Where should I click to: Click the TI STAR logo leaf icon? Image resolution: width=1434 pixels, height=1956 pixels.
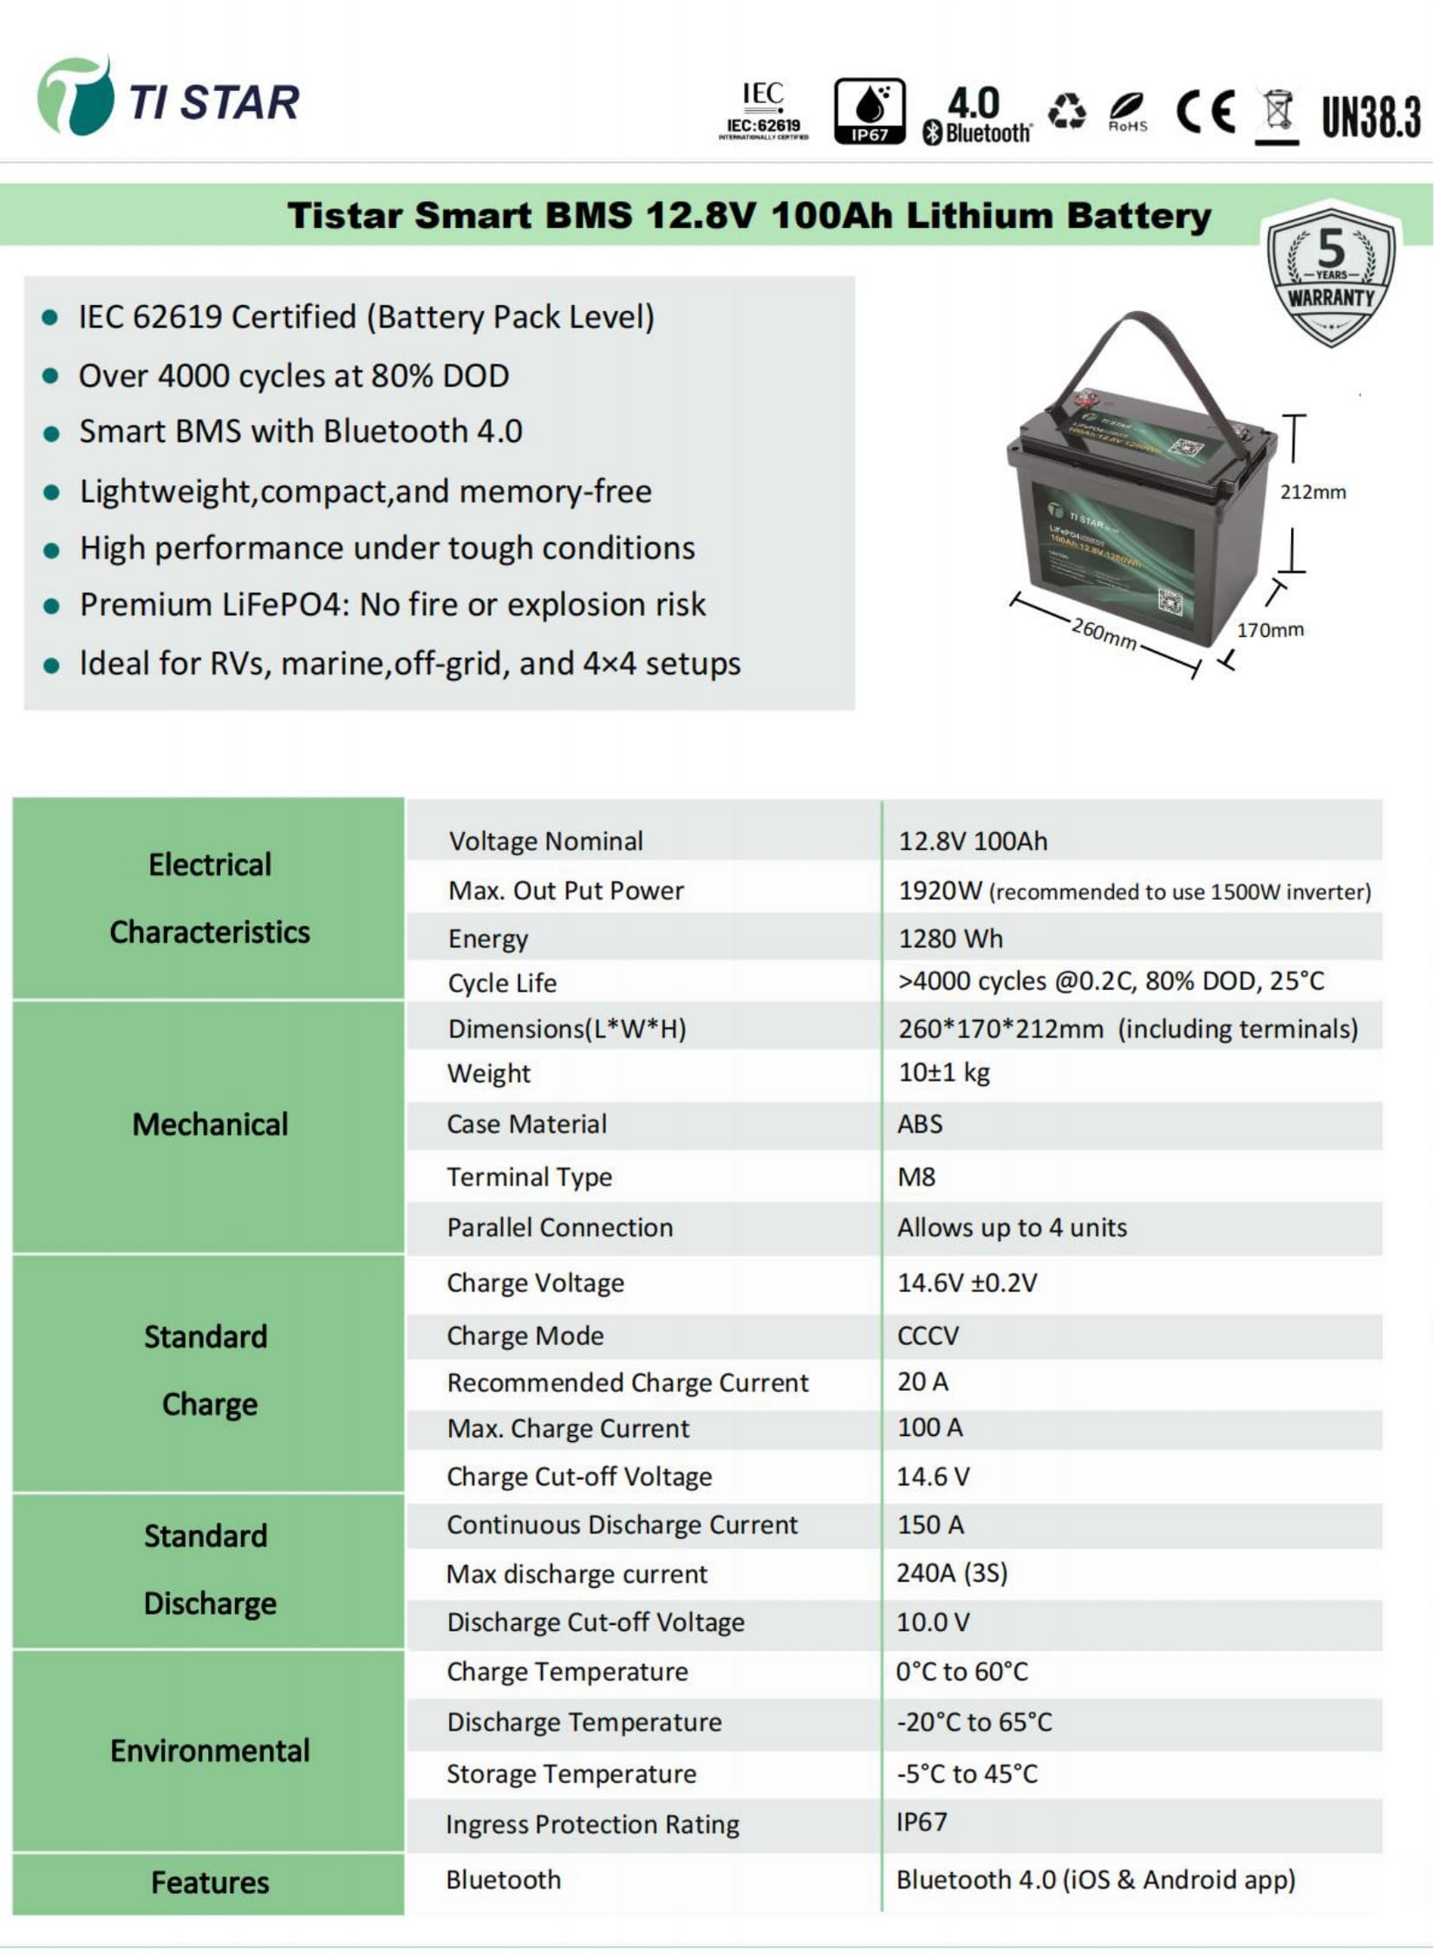click(x=75, y=97)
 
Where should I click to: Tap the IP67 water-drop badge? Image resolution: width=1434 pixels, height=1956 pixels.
click(x=869, y=111)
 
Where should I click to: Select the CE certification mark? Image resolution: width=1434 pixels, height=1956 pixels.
click(x=1205, y=111)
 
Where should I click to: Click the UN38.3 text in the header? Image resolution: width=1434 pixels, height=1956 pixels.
click(x=1371, y=116)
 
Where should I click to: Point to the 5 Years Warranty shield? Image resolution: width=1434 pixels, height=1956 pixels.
click(x=1331, y=276)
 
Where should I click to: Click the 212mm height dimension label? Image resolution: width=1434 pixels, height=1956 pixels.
click(x=1313, y=492)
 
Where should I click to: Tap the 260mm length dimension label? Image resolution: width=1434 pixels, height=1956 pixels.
click(x=1104, y=633)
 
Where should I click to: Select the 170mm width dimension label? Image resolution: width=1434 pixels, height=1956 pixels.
click(x=1269, y=630)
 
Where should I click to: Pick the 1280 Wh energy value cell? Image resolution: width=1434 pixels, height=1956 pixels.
click(x=950, y=938)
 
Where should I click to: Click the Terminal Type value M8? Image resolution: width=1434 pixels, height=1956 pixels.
click(x=916, y=1177)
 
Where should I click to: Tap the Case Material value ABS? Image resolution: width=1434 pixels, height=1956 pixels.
click(x=920, y=1124)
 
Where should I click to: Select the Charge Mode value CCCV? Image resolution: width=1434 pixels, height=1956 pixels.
click(x=928, y=1335)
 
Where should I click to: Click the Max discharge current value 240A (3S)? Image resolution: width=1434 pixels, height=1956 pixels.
click(x=951, y=1572)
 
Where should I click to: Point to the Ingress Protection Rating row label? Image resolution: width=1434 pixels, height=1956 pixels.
click(x=592, y=1823)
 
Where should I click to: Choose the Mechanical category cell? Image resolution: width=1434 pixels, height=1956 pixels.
click(x=209, y=1125)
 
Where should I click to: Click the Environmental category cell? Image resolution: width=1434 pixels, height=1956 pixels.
click(x=209, y=1751)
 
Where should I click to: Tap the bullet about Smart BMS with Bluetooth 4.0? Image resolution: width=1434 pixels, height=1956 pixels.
click(x=300, y=432)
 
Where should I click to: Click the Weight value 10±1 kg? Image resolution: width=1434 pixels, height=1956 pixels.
click(x=943, y=1073)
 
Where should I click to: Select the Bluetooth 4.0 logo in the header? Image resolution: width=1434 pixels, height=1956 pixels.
click(x=976, y=114)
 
